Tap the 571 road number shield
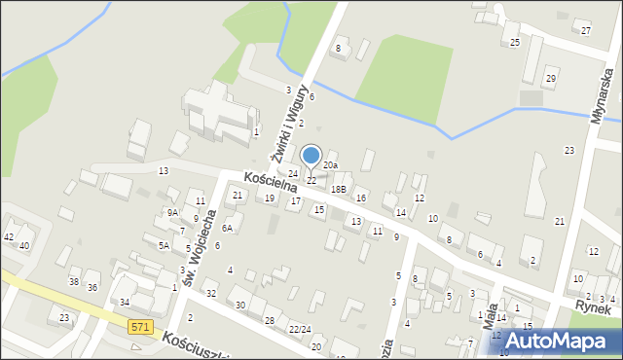pyautogui.click(x=140, y=329)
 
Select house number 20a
pyautogui.click(x=331, y=166)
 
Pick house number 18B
pyautogui.click(x=338, y=189)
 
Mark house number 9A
pyautogui.click(x=171, y=212)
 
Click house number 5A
pyautogui.click(x=165, y=246)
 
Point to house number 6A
pyautogui.click(x=227, y=228)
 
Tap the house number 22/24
pyautogui.click(x=299, y=329)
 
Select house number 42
pyautogui.click(x=9, y=236)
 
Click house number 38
pyautogui.click(x=73, y=281)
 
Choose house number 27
pyautogui.click(x=586, y=31)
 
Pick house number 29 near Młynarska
pyautogui.click(x=551, y=78)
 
